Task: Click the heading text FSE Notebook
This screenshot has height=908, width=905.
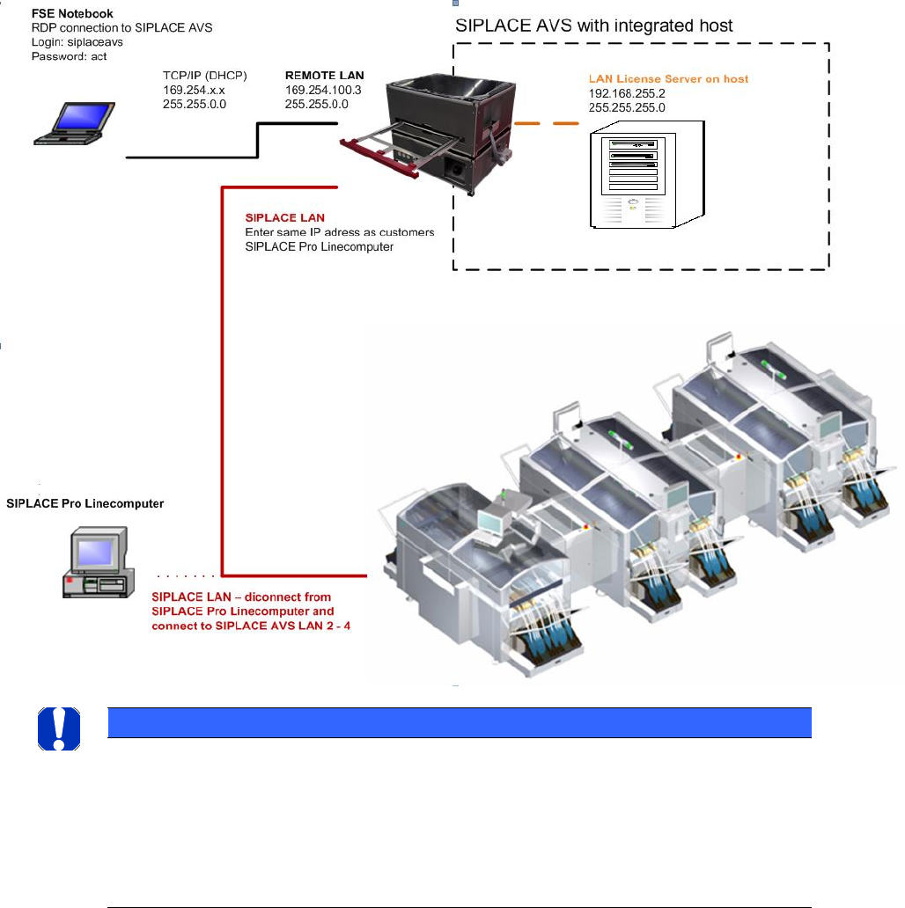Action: [72, 13]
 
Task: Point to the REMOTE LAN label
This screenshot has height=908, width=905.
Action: [325, 76]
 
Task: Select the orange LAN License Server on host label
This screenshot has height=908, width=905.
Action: [668, 79]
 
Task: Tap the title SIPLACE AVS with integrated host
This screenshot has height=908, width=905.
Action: [594, 26]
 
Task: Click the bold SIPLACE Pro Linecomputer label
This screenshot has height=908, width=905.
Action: [85, 504]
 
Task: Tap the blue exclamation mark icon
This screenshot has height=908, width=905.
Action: [59, 728]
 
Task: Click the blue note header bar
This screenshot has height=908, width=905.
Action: [458, 721]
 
